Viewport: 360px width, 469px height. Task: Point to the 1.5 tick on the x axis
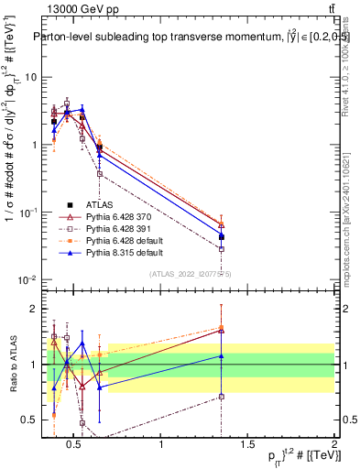click(x=248, y=445)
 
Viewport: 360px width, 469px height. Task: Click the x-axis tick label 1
click(x=162, y=445)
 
